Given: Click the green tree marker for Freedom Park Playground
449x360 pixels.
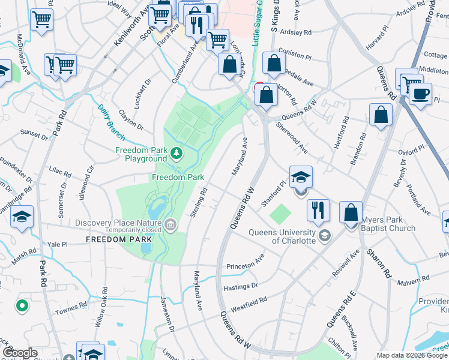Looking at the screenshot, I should (x=176, y=154).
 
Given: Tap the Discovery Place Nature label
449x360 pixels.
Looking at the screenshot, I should (x=119, y=223).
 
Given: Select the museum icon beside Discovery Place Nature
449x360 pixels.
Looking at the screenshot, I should (x=171, y=225).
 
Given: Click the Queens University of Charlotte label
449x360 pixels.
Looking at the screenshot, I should (x=282, y=236).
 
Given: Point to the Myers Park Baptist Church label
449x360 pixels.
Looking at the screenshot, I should (x=388, y=224).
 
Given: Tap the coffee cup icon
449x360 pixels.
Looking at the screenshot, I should (x=420, y=94).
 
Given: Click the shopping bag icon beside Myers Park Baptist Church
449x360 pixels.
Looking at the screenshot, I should (x=351, y=212).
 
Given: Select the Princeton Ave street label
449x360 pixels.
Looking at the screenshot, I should (x=246, y=265).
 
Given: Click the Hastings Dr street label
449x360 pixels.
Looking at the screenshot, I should (x=240, y=287).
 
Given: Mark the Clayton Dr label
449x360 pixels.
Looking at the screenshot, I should (x=131, y=119).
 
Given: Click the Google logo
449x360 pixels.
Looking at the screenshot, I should (x=20, y=353).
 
